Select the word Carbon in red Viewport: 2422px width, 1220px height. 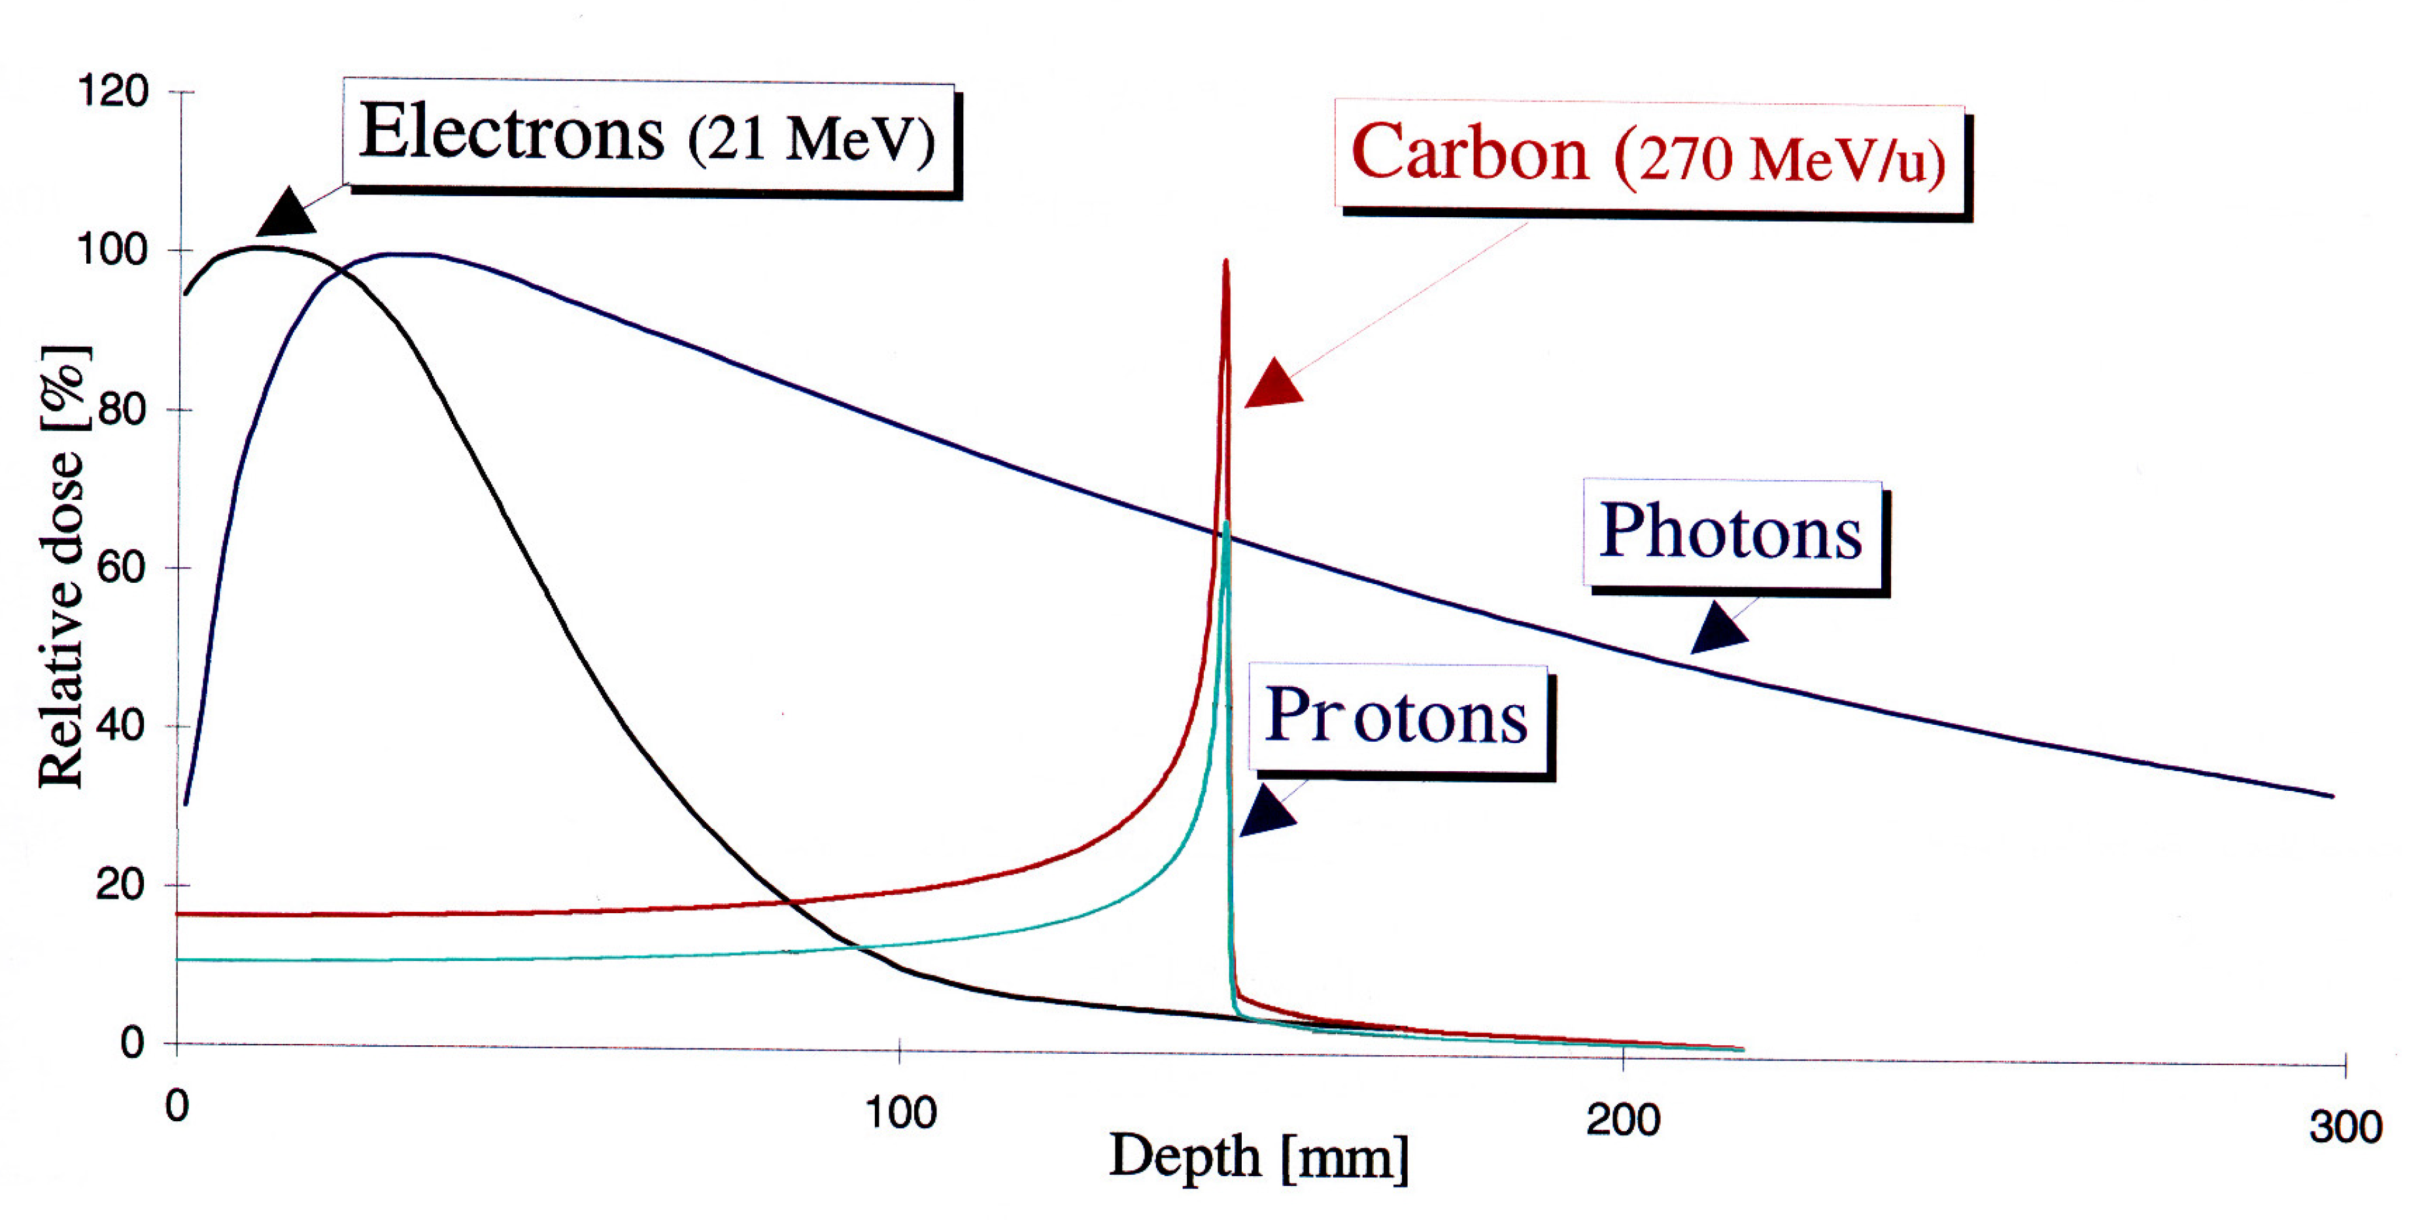[1469, 153]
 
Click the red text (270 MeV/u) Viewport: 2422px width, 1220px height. [1779, 160]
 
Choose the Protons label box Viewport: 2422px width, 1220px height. [1397, 718]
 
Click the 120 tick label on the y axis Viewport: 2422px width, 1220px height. [113, 92]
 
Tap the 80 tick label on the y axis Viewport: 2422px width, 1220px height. [122, 410]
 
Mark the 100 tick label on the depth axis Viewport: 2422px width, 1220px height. [900, 1114]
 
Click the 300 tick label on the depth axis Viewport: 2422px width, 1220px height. [2345, 1127]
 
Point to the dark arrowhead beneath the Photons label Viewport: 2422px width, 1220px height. [1718, 629]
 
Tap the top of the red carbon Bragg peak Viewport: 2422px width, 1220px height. [1225, 262]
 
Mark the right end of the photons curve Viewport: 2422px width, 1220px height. [2331, 795]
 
